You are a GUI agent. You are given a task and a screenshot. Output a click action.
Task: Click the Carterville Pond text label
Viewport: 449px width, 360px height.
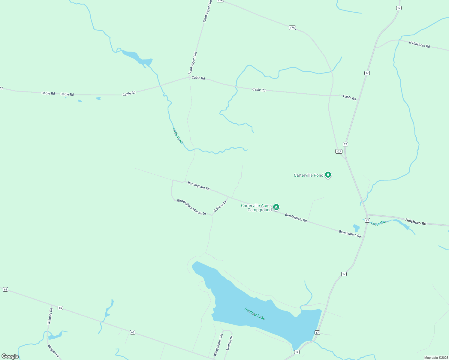[x=308, y=175]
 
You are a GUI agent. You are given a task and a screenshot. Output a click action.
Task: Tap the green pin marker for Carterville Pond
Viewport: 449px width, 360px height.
[x=328, y=175]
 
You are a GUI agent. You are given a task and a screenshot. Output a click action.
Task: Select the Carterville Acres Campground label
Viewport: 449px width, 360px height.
[x=256, y=208]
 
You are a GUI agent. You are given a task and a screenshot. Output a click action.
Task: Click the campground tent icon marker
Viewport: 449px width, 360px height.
[x=276, y=207]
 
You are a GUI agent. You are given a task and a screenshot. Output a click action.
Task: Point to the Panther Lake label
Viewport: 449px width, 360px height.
[x=255, y=313]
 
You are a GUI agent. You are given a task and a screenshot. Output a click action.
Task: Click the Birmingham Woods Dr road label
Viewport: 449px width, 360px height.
[x=191, y=207]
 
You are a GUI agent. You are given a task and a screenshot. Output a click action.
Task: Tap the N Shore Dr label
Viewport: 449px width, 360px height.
[x=220, y=206]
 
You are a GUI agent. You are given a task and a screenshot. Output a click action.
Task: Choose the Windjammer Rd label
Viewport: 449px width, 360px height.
[x=218, y=345]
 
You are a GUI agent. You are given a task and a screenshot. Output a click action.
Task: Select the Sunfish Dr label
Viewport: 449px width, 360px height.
[x=229, y=343]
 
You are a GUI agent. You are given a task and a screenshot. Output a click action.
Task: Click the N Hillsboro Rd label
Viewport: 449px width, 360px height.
[x=419, y=44]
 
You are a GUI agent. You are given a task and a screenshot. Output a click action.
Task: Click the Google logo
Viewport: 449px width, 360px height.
[x=10, y=356]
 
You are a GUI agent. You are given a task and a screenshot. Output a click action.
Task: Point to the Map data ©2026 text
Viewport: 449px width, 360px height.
[x=436, y=358]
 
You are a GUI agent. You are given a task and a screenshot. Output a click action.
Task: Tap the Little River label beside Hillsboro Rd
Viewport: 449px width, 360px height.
[x=380, y=223]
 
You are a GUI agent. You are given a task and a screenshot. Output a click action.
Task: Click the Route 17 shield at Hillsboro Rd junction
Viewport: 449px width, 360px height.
[x=367, y=220]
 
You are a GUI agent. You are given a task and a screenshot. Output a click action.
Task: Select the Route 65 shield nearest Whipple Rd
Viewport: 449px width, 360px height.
[x=60, y=308]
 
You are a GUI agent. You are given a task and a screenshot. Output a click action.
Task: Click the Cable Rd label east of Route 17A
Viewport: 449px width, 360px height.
[x=349, y=97]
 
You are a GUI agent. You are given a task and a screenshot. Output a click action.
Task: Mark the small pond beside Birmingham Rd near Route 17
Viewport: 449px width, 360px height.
[x=356, y=228]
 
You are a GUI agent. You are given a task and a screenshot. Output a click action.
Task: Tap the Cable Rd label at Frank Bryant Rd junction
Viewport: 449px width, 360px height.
[x=198, y=78]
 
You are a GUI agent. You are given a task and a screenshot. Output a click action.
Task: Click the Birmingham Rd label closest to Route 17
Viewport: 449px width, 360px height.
[x=350, y=234]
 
